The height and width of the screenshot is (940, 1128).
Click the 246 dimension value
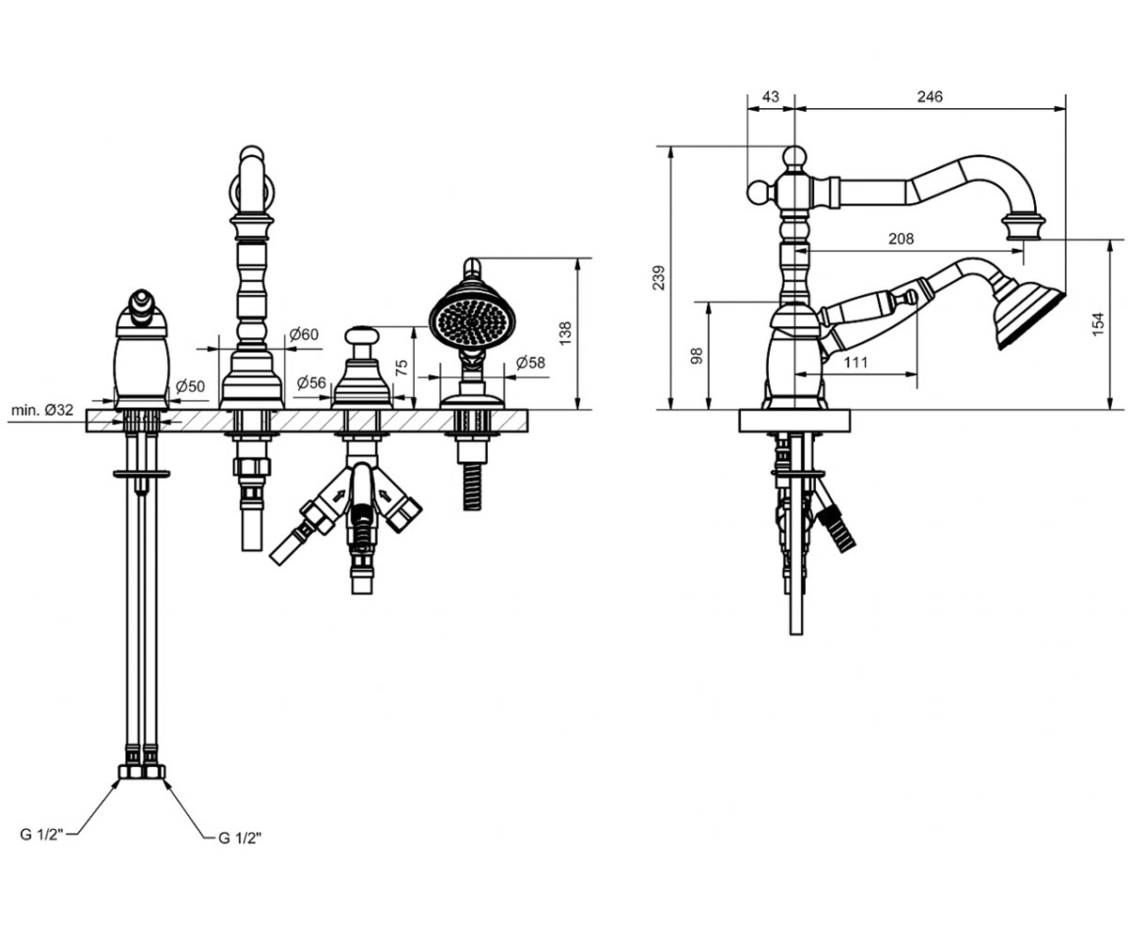click(930, 97)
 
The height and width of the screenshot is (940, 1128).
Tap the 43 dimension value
click(771, 97)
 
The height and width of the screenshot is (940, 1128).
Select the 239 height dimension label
click(659, 277)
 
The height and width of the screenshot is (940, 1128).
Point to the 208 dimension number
click(901, 239)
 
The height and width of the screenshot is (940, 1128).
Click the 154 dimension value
click(1098, 324)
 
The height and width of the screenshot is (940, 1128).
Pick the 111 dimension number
click(855, 362)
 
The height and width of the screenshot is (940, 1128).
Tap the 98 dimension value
click(697, 355)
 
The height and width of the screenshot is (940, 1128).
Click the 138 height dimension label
click(565, 334)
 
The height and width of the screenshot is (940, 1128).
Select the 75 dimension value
click(401, 368)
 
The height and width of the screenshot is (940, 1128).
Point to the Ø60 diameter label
click(305, 335)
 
